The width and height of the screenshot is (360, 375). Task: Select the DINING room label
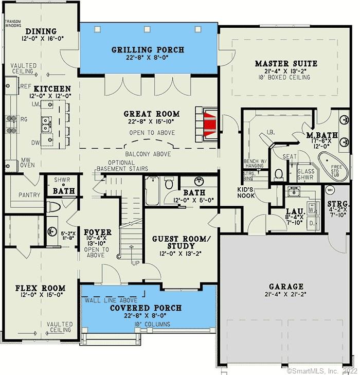pyautogui.click(x=41, y=31)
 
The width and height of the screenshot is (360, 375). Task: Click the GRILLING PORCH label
pyautogui.click(x=148, y=50)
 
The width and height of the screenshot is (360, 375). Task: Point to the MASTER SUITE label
pyautogui.click(x=286, y=64)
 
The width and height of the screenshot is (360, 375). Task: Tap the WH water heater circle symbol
pyautogui.click(x=330, y=189)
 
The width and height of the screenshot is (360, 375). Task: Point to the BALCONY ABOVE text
pyautogui.click(x=148, y=154)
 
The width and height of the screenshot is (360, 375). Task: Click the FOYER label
pyautogui.click(x=98, y=233)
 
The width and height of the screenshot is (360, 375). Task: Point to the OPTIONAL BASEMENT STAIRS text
pyautogui.click(x=121, y=165)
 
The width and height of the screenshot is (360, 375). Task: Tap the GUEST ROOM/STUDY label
pyautogui.click(x=182, y=242)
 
